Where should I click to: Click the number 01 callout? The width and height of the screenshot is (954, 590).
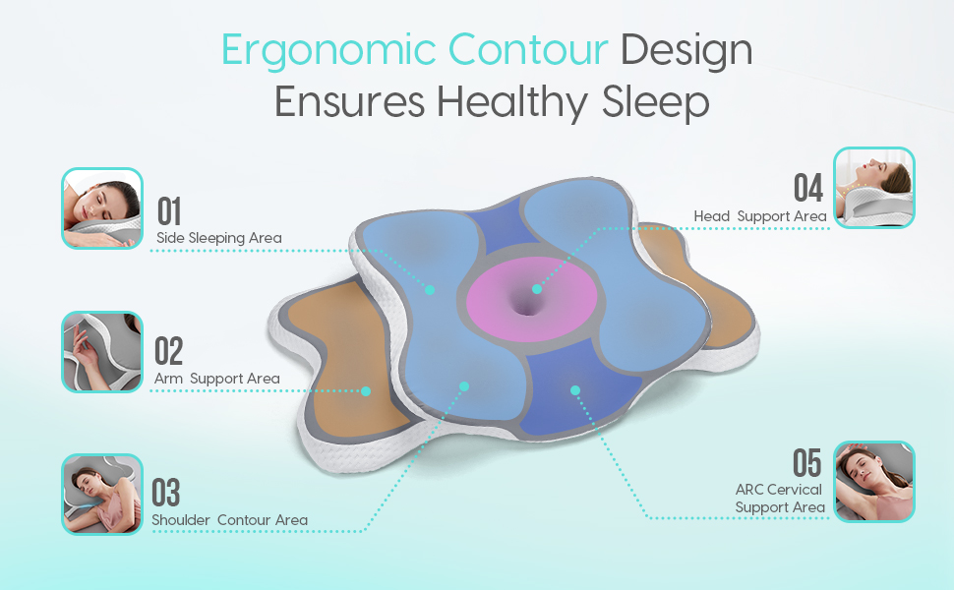[x=169, y=211]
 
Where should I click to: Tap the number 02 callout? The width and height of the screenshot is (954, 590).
[x=168, y=352]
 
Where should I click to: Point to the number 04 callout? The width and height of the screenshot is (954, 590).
[x=807, y=189]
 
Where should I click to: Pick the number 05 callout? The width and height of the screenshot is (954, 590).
[x=807, y=462]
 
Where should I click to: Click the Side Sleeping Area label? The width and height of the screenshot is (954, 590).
[x=219, y=238]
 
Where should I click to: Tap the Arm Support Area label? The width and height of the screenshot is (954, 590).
[x=217, y=379]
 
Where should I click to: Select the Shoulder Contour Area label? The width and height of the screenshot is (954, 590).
[x=229, y=520]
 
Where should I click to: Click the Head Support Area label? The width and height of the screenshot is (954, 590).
[x=760, y=216]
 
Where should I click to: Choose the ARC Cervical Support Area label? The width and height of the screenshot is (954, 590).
[x=780, y=499]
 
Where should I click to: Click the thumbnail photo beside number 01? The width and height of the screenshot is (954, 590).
[x=102, y=208]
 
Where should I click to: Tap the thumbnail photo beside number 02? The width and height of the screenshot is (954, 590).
[x=102, y=352]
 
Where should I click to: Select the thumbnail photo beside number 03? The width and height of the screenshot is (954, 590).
[x=102, y=494]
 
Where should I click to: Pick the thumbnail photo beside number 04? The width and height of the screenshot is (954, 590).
[x=874, y=188]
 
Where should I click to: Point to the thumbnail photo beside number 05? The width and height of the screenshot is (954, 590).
[x=874, y=481]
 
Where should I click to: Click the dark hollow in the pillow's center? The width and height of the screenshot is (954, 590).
[x=531, y=300]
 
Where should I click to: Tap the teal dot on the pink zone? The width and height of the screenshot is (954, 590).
[x=537, y=289]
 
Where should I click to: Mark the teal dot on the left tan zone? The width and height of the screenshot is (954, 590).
[x=366, y=390]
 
